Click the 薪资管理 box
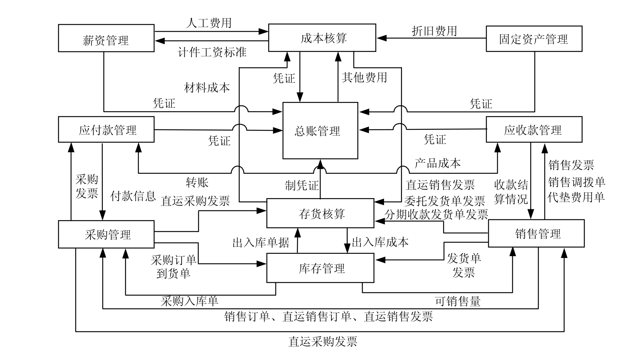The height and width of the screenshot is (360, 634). click(x=106, y=38)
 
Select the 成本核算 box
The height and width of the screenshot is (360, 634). click(x=322, y=38)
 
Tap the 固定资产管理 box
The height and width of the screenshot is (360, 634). click(x=534, y=39)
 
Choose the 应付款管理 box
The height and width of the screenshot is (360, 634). click(x=106, y=129)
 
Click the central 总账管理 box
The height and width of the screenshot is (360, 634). click(x=320, y=131)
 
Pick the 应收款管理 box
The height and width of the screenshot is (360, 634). click(x=534, y=129)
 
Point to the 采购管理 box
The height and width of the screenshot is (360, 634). click(x=106, y=234)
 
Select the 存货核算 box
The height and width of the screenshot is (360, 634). click(x=320, y=213)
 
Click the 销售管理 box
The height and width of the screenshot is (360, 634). click(x=536, y=233)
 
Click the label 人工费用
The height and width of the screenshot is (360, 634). click(x=209, y=23)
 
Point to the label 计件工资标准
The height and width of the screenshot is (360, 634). click(x=212, y=52)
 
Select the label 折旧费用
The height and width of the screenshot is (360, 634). click(x=434, y=31)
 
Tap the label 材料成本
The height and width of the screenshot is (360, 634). click(x=207, y=88)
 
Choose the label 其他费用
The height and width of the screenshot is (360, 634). click(x=364, y=78)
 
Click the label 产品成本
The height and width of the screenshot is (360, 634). click(x=437, y=163)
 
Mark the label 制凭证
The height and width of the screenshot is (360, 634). click(x=302, y=186)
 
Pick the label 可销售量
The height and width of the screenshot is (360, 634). click(x=458, y=301)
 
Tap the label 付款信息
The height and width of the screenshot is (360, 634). click(x=133, y=196)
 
